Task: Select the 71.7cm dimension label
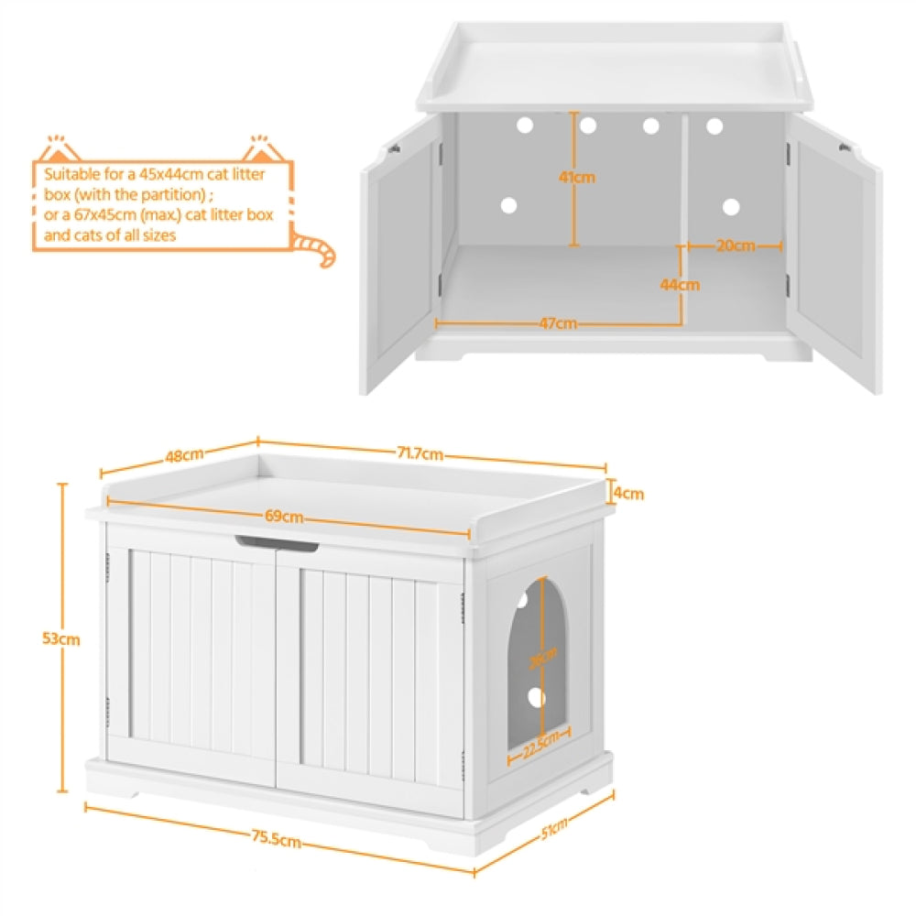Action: [x=421, y=453]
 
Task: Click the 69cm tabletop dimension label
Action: [x=285, y=517]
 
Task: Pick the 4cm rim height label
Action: [x=628, y=494]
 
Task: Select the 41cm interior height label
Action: [x=577, y=177]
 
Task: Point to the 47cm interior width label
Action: [x=558, y=322]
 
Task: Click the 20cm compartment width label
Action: [x=736, y=245]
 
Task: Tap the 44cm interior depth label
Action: [x=680, y=285]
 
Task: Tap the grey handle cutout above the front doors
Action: [x=276, y=544]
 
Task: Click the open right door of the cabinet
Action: [x=834, y=256]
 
